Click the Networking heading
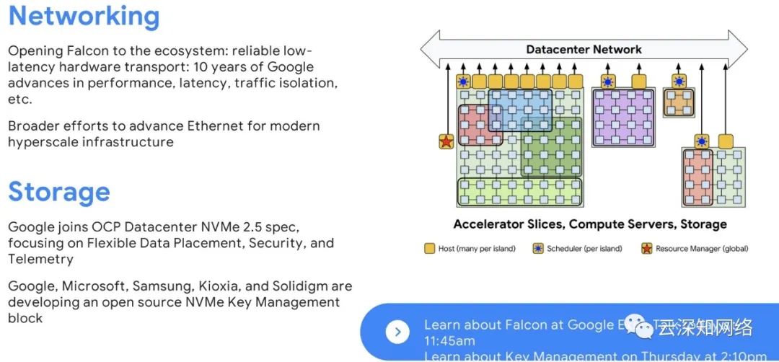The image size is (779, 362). coord(84,16)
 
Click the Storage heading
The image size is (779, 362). coord(59,192)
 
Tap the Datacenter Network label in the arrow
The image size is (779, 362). coord(584,50)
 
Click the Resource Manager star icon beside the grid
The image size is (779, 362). coord(446,141)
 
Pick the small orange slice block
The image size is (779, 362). coord(678,103)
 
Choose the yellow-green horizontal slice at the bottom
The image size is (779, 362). coord(519,191)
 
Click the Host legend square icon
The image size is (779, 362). coord(428,249)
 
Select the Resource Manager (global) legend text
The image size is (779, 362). coord(702,249)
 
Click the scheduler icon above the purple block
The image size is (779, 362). coord(607,81)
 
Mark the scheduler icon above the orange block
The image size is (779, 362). coord(678,81)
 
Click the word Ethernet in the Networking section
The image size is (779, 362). coord(216,125)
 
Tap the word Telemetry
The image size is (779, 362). coord(40,259)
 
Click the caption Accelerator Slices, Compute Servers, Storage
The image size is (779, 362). coord(590,224)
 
